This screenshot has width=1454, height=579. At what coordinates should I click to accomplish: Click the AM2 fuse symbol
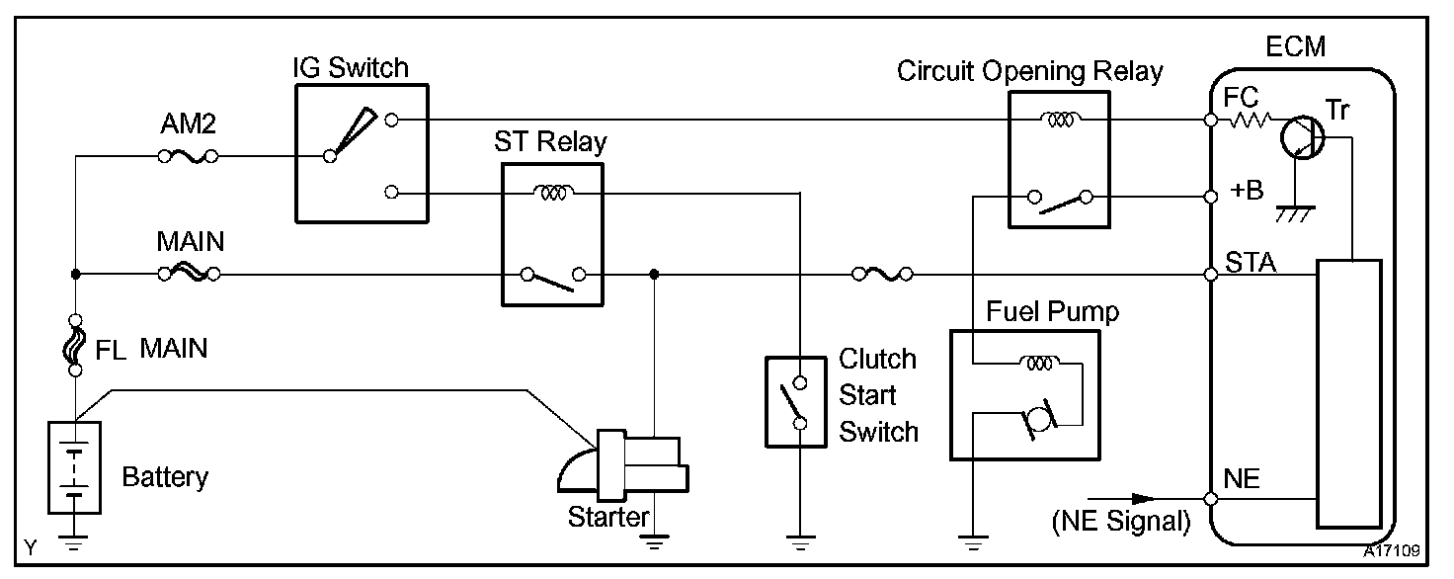[x=189, y=156]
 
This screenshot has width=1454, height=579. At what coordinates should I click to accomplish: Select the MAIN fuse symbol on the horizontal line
[x=189, y=274]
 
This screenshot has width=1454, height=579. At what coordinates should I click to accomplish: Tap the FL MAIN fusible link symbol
[x=75, y=345]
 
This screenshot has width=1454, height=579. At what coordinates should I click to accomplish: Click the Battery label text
[x=165, y=477]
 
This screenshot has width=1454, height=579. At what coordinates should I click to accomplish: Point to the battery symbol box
[x=75, y=467]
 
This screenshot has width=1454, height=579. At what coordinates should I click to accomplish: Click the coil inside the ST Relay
[x=553, y=192]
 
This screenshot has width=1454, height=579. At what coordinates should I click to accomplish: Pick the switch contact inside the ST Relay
[x=553, y=279]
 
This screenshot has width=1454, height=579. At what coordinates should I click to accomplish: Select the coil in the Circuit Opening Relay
[x=1060, y=120]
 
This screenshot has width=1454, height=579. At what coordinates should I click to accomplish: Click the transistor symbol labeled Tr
[x=1303, y=137]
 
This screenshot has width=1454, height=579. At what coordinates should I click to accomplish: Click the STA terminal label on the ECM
[x=1251, y=263]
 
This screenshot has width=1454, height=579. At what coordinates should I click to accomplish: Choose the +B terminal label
[x=1247, y=190]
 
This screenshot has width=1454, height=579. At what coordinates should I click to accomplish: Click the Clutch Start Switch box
[x=796, y=402]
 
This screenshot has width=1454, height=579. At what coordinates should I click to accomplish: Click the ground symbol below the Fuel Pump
[x=972, y=542]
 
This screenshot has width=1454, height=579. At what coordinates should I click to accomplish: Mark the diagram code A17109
[x=1391, y=551]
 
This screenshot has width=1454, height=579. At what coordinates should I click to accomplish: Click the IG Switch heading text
[x=351, y=67]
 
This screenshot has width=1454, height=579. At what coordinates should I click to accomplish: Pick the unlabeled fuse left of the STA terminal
[x=882, y=274]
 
